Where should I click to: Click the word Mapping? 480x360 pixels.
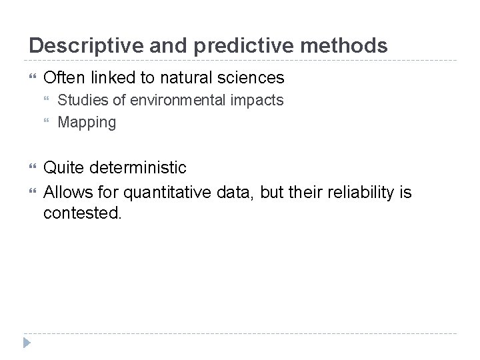coord(87,123)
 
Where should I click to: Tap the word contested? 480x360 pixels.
coord(83,214)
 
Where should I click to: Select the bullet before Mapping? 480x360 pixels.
coord(47,123)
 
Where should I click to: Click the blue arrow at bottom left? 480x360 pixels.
coord(27,343)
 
